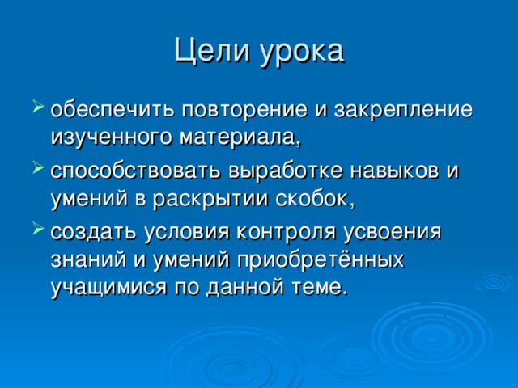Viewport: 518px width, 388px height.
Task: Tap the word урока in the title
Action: pyautogui.click(x=302, y=52)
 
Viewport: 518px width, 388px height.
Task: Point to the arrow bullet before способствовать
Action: pyautogui.click(x=39, y=171)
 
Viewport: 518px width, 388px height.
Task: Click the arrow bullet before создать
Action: pyautogui.click(x=39, y=234)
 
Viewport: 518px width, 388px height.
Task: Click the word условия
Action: pyautogui.click(x=187, y=235)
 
